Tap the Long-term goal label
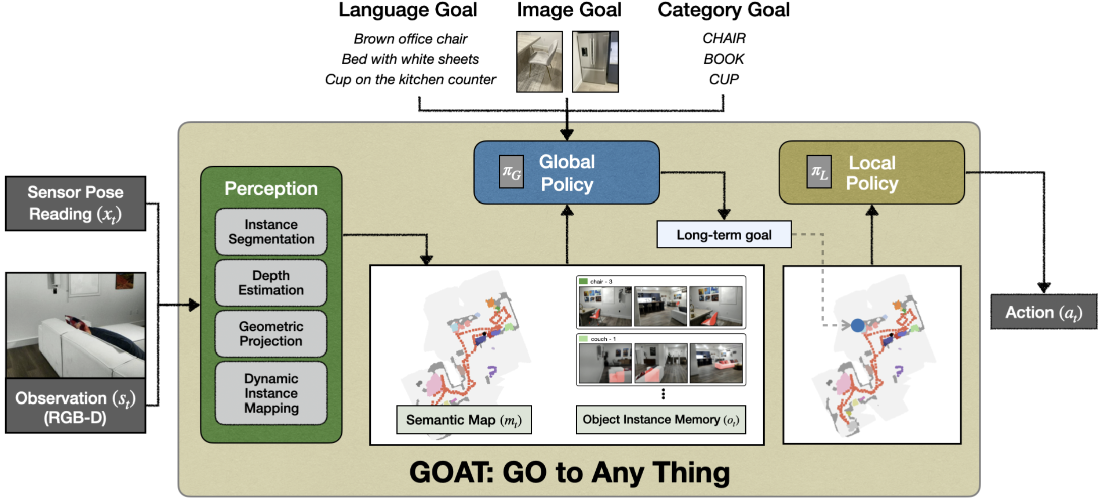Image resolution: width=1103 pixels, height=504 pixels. coord(724,235)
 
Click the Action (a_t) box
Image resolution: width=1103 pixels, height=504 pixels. coord(1043,312)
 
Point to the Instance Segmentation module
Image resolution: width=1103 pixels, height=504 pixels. coord(271,232)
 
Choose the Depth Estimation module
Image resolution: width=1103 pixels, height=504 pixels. coord(271,283)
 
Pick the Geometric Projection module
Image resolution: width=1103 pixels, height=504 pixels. coord(271,334)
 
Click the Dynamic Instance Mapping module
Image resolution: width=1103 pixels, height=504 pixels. coord(271,393)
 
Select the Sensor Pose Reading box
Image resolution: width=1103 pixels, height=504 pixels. coord(76,204)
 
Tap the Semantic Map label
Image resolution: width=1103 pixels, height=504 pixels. coord(464,420)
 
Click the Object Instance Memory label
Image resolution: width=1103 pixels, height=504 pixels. coord(660,420)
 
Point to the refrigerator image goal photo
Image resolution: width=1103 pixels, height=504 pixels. coord(595,62)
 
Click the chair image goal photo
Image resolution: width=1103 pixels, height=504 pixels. coord(539,62)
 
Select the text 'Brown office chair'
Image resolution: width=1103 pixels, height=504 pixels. coord(410,39)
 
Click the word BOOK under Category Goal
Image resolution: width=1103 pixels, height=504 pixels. coord(724,59)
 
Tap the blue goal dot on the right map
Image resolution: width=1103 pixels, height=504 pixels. coord(857,325)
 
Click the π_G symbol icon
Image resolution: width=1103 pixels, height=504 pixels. coord(511,172)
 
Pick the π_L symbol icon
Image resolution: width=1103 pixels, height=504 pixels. coord(819,172)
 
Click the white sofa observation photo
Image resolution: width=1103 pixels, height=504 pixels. coord(76,325)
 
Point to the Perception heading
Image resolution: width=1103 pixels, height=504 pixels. coord(271,189)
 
